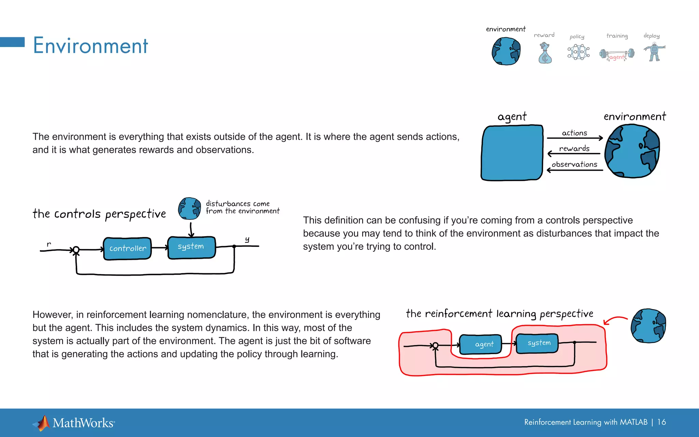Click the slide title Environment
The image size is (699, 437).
90,45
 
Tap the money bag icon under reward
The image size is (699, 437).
545,54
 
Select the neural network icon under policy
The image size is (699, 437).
578,52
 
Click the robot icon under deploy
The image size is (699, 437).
654,52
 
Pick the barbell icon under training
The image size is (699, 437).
617,54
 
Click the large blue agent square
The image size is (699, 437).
512,153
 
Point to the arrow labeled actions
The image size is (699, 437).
575,138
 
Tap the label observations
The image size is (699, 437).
574,164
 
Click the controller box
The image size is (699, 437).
127,249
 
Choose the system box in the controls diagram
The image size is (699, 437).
191,247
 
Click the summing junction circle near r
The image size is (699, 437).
76,250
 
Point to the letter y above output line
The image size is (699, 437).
247,240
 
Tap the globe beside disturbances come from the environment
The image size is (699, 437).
189,208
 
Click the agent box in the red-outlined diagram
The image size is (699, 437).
481,344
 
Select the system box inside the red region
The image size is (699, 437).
538,343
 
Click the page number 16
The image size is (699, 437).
661,422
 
